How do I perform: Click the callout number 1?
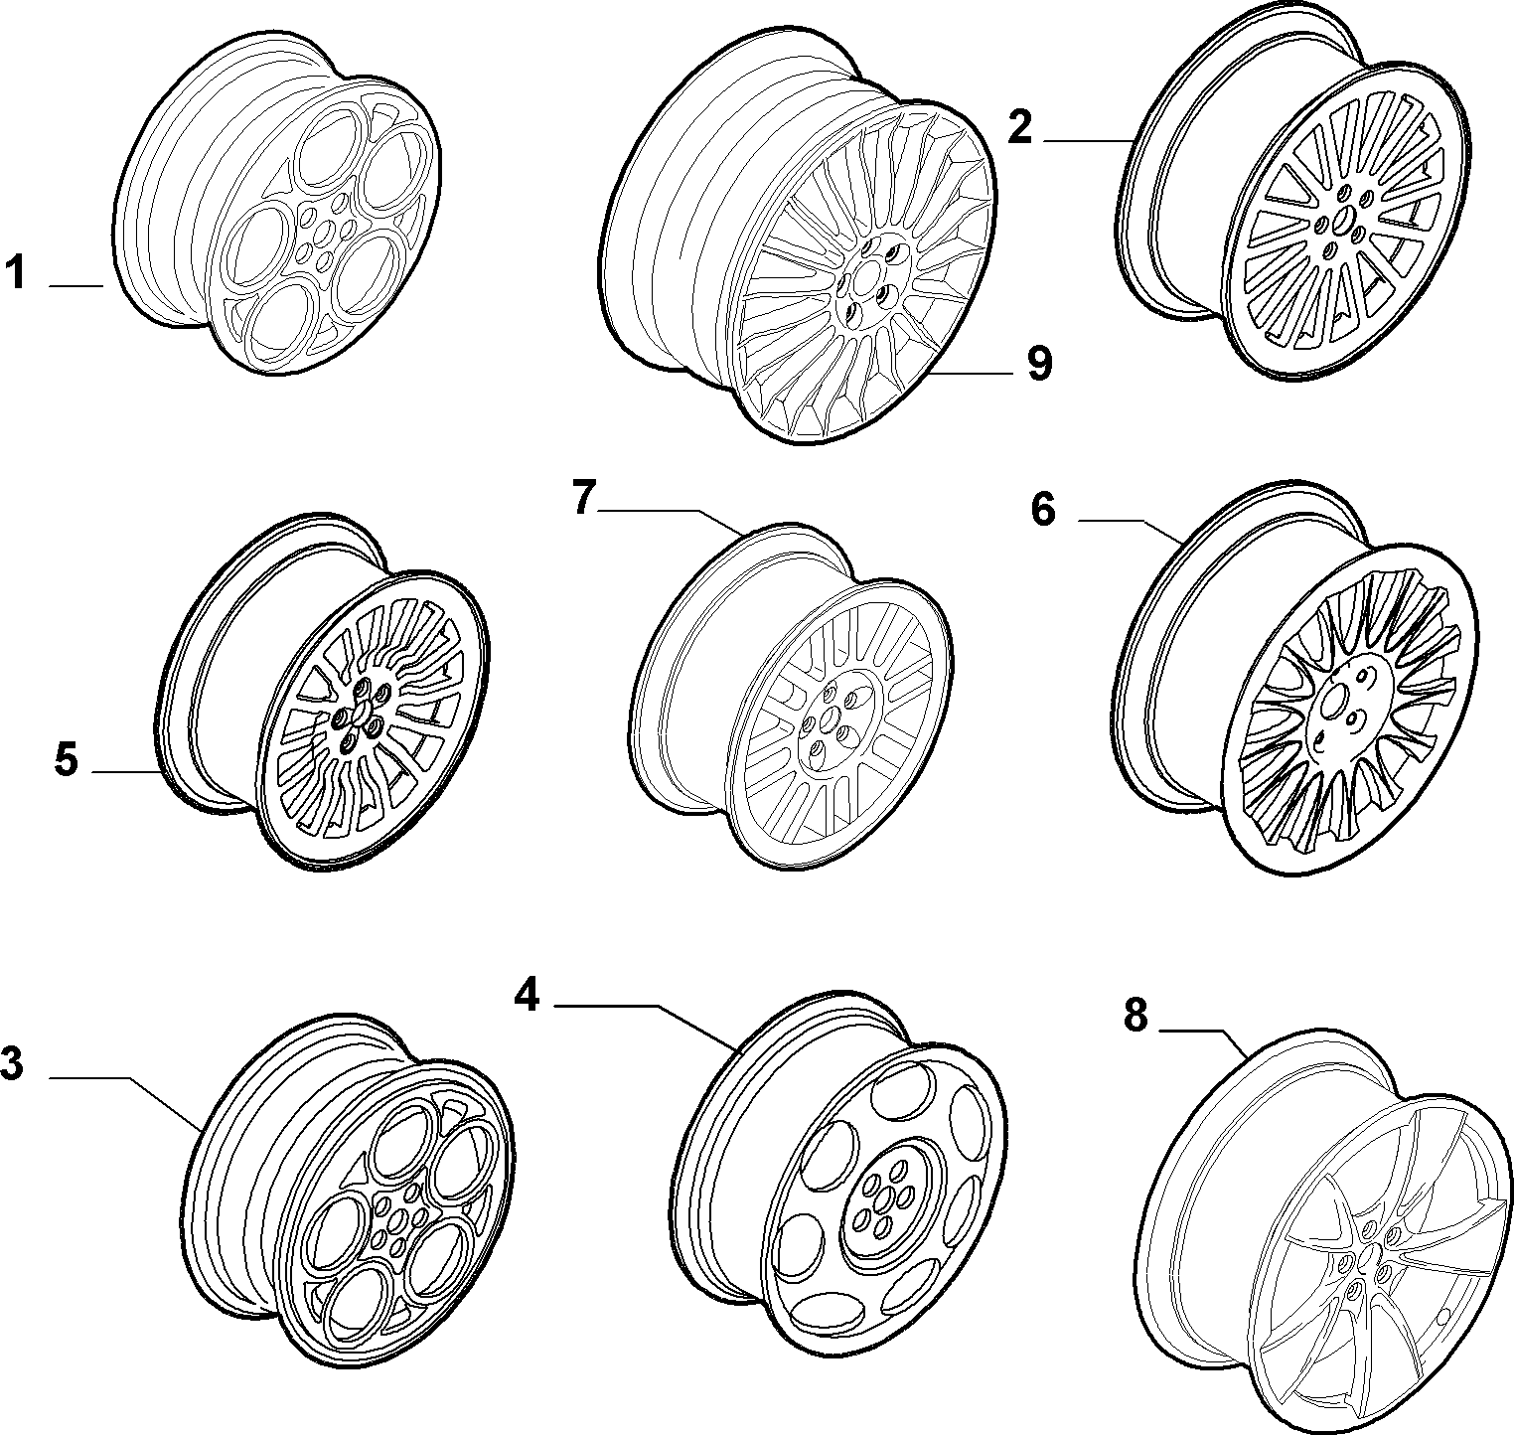(15, 272)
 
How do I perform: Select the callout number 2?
(1019, 128)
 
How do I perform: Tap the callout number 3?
(11, 1064)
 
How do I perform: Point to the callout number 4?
(527, 995)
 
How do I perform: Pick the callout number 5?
(66, 760)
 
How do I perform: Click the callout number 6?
(1043, 509)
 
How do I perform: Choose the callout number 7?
(585, 498)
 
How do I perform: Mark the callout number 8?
(1135, 1016)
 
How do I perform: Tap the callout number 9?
(1039, 365)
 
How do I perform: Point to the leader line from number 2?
(1088, 142)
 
